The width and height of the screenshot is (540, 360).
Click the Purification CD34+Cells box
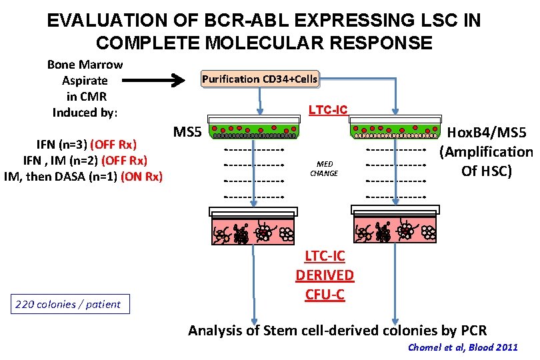(x=259, y=79)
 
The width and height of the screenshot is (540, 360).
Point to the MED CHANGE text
(x=325, y=168)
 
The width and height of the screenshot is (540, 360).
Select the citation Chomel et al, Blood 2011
(x=462, y=347)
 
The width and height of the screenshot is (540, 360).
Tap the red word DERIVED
(x=325, y=275)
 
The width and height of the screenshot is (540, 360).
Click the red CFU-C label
(x=325, y=294)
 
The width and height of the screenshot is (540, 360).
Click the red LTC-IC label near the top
(x=327, y=109)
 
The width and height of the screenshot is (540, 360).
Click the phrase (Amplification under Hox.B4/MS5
(x=486, y=152)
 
